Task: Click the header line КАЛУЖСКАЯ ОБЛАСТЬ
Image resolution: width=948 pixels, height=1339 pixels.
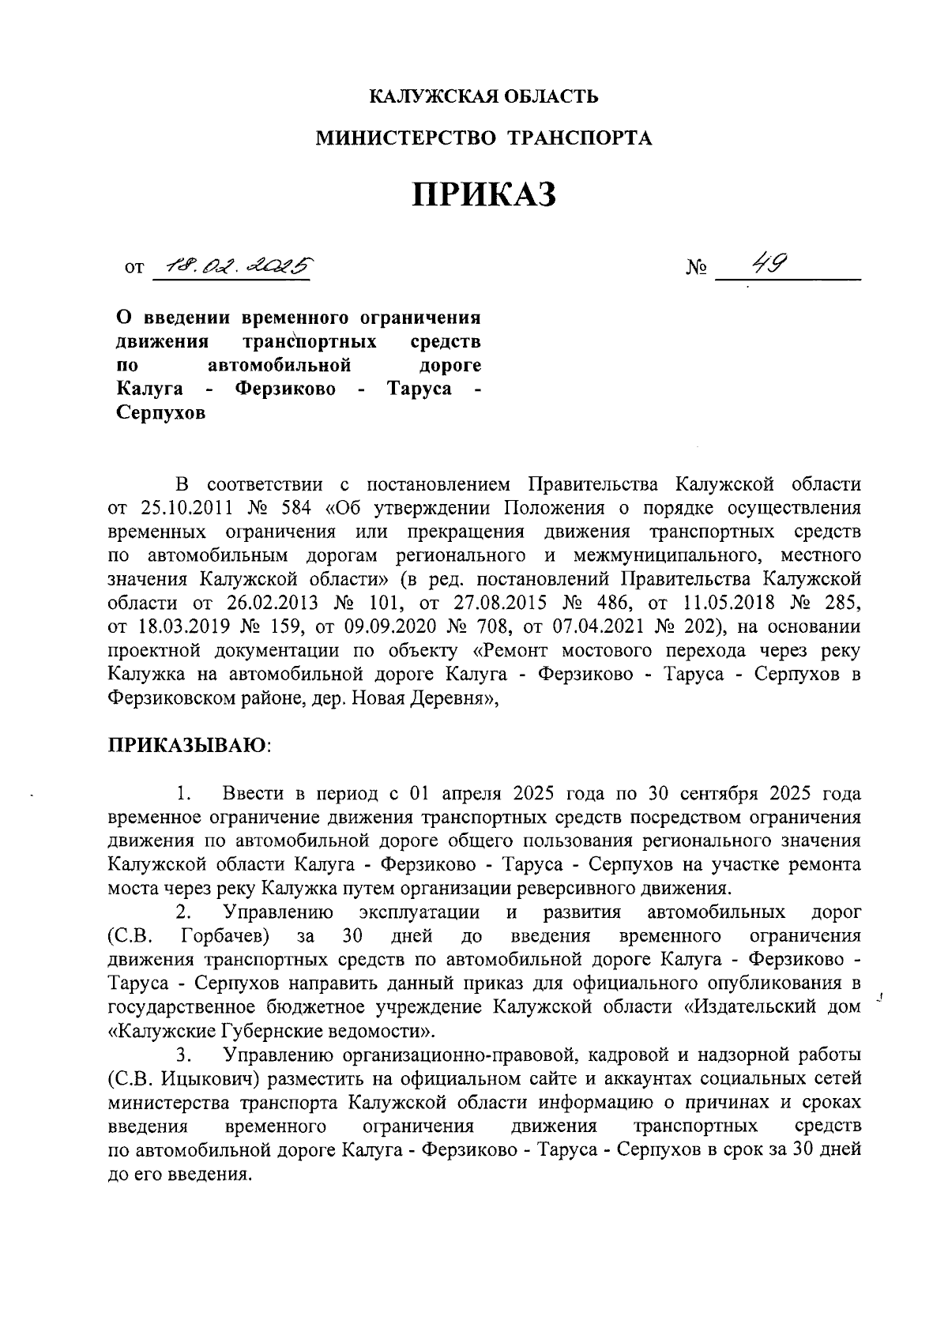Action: [x=485, y=97]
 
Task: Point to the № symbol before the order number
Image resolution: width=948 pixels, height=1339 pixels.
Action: [x=696, y=269]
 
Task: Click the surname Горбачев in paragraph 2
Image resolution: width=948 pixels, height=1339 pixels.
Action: [x=226, y=937]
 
